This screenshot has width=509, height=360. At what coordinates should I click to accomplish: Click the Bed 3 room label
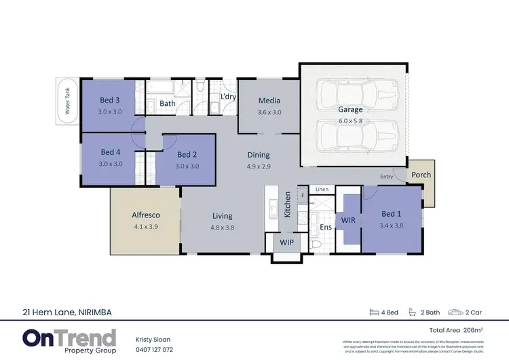[x=110, y=101]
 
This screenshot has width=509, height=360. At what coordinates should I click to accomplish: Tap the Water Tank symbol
[x=68, y=103]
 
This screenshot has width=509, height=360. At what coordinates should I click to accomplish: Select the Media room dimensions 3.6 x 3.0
[x=269, y=112]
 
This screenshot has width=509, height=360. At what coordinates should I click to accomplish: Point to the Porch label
[x=421, y=175]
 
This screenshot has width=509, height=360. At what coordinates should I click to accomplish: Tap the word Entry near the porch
[x=386, y=177]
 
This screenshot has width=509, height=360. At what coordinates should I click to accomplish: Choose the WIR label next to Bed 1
[x=348, y=221]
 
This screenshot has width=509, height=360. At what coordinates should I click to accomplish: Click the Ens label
[x=326, y=227]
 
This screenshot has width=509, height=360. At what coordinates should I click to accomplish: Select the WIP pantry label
[x=287, y=242]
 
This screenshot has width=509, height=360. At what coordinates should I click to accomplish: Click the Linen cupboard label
[x=322, y=189]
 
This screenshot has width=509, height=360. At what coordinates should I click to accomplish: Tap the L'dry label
[x=229, y=97]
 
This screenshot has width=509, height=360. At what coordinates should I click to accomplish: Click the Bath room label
[x=168, y=104]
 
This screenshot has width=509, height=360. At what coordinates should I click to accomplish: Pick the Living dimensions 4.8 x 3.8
[x=223, y=228]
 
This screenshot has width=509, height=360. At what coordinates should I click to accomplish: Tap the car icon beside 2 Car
[x=455, y=313]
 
